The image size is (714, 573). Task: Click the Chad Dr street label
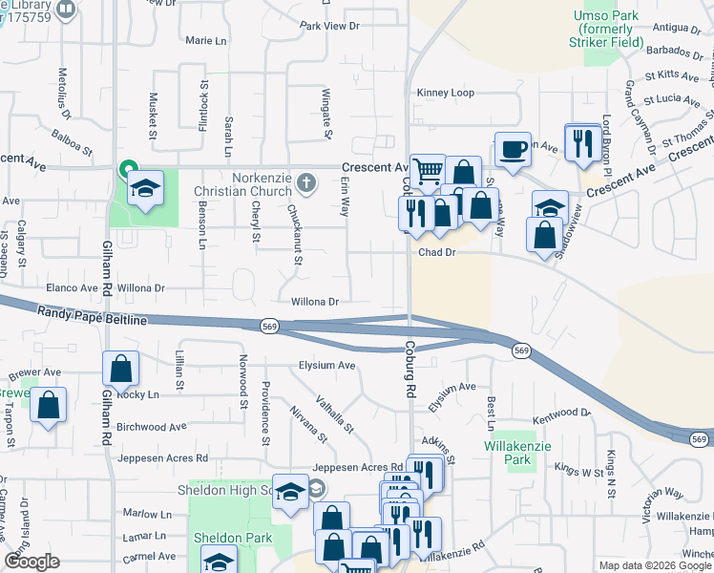(439, 253)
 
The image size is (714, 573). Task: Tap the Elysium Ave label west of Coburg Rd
(326, 366)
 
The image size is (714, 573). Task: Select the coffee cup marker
(514, 150)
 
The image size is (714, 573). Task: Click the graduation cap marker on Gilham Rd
(146, 188)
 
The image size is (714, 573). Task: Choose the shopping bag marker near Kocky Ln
(121, 369)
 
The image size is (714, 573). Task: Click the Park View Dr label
(328, 26)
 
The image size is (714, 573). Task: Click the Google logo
(31, 562)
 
